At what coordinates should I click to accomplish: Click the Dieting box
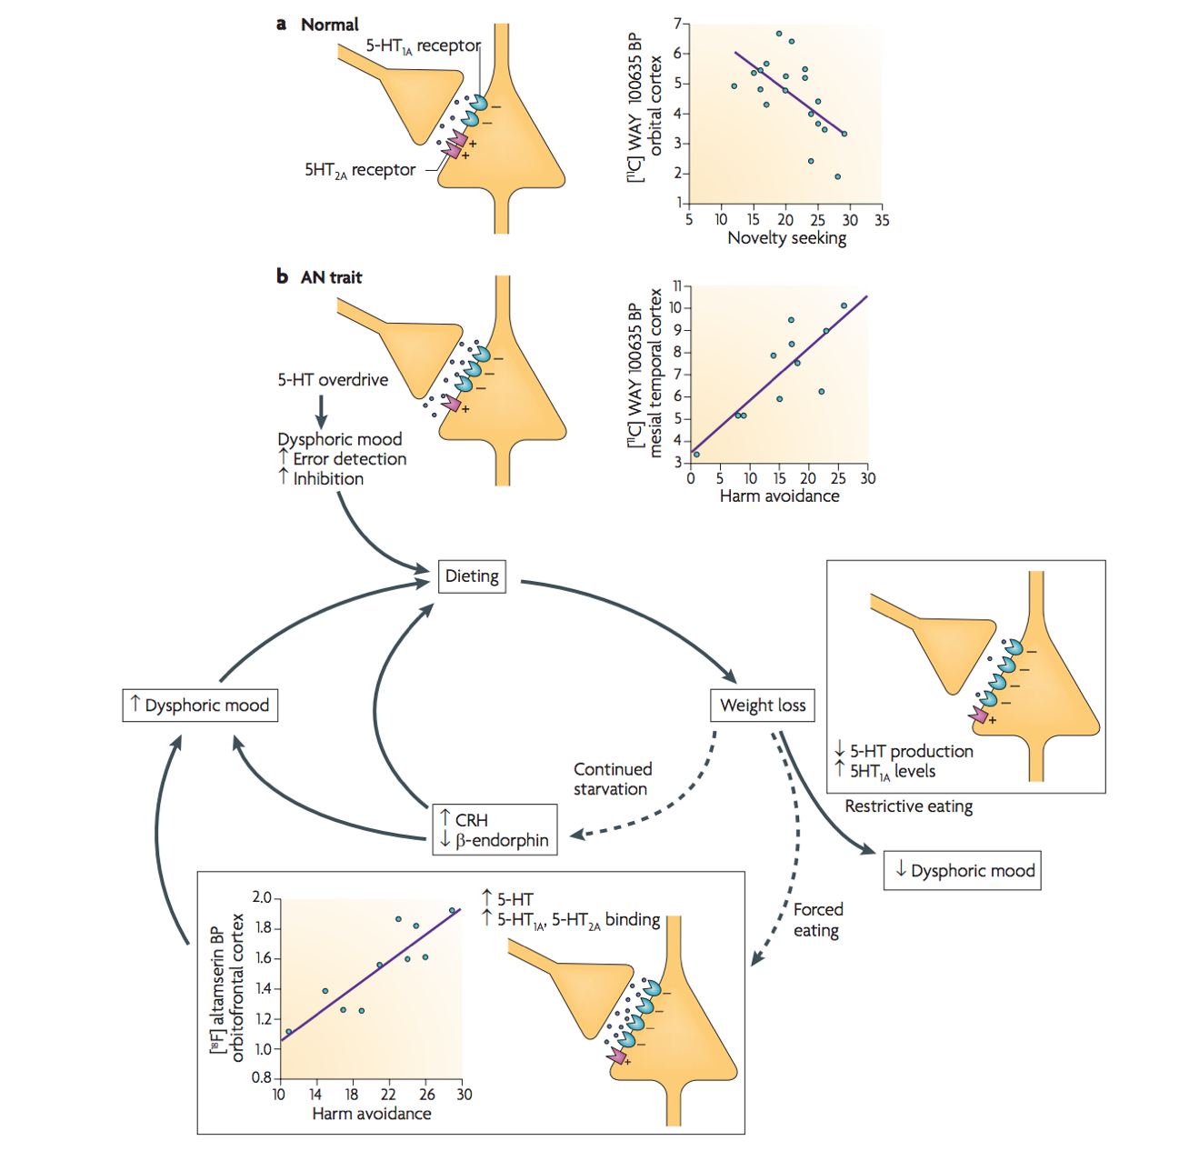472,576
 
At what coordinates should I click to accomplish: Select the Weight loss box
763,706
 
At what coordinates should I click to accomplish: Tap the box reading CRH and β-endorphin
495,829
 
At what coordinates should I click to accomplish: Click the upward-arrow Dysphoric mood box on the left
200,706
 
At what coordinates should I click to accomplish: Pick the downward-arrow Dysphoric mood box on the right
963,871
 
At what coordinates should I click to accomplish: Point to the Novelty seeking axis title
786,238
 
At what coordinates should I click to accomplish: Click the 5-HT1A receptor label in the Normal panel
423,45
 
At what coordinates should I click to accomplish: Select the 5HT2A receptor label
360,170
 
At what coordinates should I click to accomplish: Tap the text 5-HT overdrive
333,380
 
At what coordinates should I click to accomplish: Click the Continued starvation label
612,779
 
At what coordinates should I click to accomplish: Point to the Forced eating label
817,920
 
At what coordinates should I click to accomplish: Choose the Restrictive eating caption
908,806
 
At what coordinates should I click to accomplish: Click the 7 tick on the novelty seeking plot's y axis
676,24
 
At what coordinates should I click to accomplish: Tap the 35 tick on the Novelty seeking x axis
881,220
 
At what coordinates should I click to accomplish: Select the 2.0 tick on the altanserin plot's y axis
262,898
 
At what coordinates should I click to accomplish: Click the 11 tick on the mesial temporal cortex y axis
676,285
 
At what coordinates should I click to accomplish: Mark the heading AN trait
331,277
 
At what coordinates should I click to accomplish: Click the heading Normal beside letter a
329,25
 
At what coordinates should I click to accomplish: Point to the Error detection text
349,459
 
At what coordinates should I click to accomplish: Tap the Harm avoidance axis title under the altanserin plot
371,1114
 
